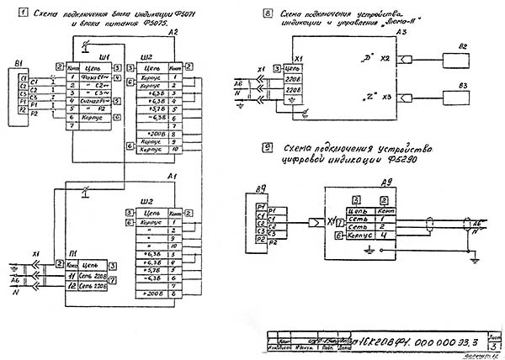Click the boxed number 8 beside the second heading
(x=267, y=13)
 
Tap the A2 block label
(x=173, y=31)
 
